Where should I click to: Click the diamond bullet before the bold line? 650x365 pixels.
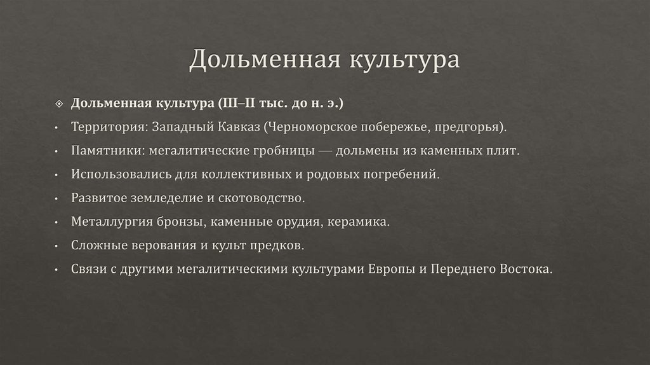(60, 103)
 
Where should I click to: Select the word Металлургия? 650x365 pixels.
(111, 221)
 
